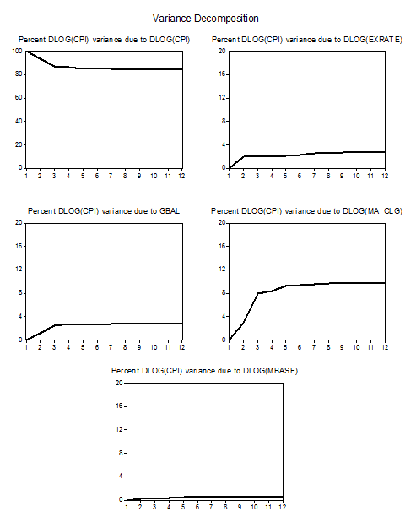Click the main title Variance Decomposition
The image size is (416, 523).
tap(206, 19)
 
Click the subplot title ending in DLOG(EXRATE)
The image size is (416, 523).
tap(307, 40)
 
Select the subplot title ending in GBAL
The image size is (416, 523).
tap(104, 211)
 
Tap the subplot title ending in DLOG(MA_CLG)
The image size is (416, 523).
tap(307, 211)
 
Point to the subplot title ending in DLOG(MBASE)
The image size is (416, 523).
tap(204, 371)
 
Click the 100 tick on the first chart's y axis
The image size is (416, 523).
tap(17, 51)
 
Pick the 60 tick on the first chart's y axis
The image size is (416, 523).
tap(19, 98)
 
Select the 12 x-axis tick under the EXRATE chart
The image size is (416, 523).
tap(385, 176)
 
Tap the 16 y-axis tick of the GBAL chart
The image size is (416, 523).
tap(19, 246)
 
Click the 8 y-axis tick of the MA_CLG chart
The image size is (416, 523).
tap(224, 293)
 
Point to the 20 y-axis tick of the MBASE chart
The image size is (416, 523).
tap(119, 383)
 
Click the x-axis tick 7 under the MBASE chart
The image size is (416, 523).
tap(211, 507)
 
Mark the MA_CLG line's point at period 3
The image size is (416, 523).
tap(257, 293)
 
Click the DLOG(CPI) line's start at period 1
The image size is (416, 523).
tap(26, 52)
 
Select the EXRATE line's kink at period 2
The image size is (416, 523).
tap(244, 156)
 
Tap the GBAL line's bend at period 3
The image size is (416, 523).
tap(55, 325)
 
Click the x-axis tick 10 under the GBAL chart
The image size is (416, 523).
tap(154, 347)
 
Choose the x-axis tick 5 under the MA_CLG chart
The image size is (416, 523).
tap(285, 347)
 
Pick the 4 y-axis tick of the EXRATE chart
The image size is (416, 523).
tap(224, 144)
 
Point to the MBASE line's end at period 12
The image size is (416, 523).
tap(283, 497)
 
